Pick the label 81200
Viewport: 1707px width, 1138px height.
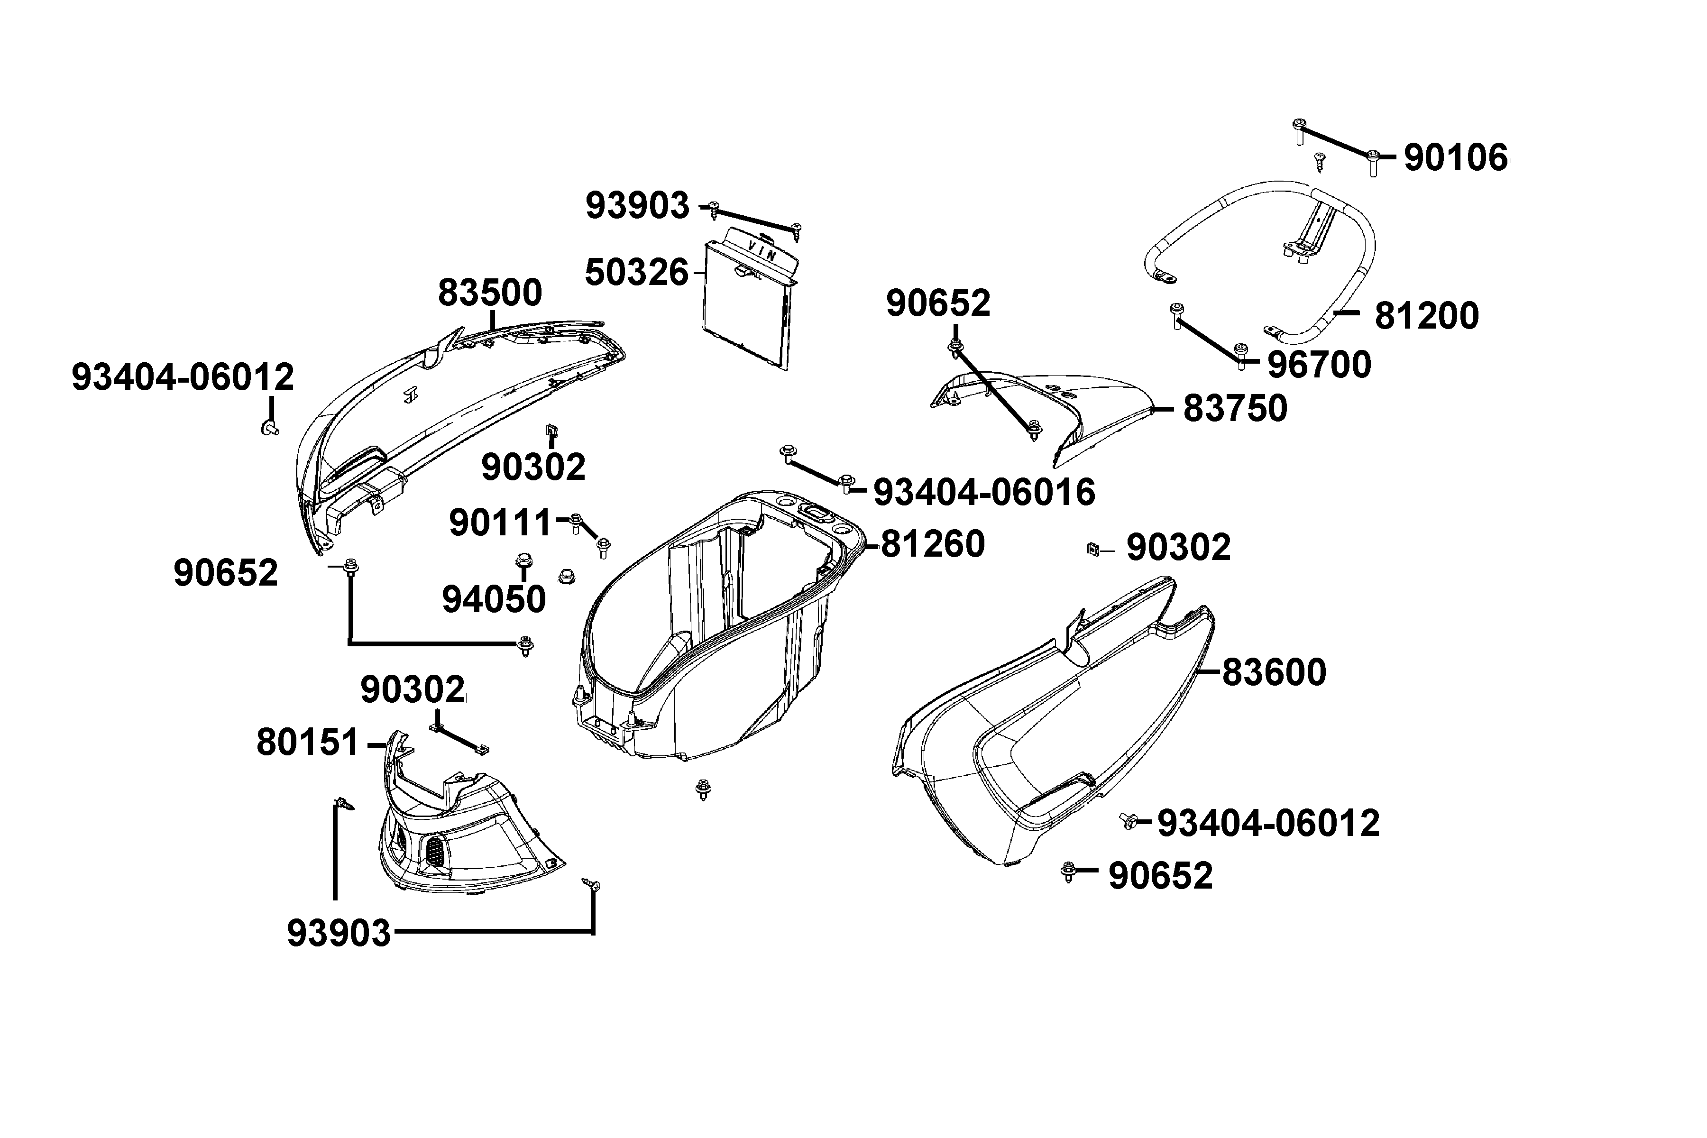click(1426, 316)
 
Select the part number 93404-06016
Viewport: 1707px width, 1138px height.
click(984, 492)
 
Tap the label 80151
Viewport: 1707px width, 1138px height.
click(308, 743)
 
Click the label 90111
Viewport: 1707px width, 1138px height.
click(501, 522)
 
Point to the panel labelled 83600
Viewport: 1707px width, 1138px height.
click(1052, 733)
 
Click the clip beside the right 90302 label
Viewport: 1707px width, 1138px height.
click(1092, 550)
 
